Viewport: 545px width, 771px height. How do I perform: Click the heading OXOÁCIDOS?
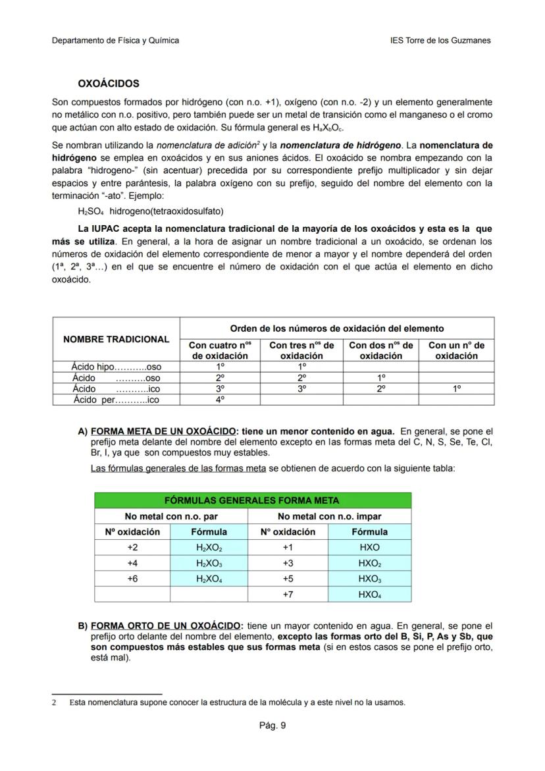coord(108,84)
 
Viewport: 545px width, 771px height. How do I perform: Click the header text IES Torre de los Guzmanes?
coord(440,40)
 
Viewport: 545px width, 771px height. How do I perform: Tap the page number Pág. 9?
coord(272,726)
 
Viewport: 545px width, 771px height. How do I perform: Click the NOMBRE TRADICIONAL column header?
coord(116,339)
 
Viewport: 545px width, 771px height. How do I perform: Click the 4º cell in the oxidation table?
coord(220,399)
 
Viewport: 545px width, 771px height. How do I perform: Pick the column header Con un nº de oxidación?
coord(456,350)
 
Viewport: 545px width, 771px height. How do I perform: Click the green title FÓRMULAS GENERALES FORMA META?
coord(252,500)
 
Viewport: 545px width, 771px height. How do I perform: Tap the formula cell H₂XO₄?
coord(209,579)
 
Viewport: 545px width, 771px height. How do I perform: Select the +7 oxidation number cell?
coord(288,595)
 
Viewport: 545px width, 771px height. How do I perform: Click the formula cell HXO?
coord(369,547)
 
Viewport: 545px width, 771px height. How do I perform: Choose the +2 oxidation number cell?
coord(132,547)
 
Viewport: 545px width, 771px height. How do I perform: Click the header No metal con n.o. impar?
coord(329,516)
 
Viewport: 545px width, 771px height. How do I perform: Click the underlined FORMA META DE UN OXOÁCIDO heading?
coord(164,431)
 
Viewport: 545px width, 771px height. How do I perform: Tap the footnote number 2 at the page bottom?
coord(54,703)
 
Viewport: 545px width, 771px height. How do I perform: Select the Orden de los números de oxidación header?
coord(336,328)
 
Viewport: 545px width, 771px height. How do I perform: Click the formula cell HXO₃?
coord(369,579)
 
